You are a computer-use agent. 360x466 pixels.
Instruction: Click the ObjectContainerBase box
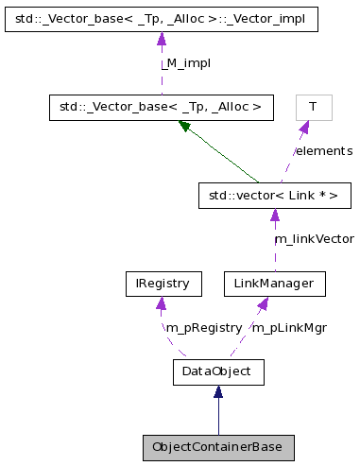click(218, 447)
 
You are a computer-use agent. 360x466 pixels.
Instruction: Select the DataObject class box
click(218, 371)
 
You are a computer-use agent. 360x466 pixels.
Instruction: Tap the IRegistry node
click(163, 283)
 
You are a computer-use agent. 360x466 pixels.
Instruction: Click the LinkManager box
click(274, 283)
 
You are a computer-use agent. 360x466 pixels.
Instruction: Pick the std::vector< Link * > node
click(274, 196)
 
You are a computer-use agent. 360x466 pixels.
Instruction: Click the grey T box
click(313, 107)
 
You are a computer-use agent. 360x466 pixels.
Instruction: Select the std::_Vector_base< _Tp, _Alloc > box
click(161, 107)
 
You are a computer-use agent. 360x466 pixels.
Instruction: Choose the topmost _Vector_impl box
click(161, 18)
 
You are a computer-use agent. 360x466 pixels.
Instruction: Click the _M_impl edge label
click(184, 62)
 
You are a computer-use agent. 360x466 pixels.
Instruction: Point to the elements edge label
click(323, 151)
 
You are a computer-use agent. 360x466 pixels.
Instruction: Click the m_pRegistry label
click(204, 327)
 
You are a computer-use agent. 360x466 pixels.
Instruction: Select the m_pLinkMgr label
click(289, 327)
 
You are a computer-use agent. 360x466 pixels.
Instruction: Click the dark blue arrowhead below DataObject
click(218, 391)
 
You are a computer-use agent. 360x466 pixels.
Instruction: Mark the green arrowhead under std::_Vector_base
click(186, 126)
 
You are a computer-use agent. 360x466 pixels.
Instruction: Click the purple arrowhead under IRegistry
click(163, 302)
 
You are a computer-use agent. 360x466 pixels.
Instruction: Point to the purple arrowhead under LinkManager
click(264, 302)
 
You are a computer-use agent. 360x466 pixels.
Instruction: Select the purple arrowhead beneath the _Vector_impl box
click(161, 39)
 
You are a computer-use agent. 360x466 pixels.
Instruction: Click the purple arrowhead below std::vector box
click(274, 216)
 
